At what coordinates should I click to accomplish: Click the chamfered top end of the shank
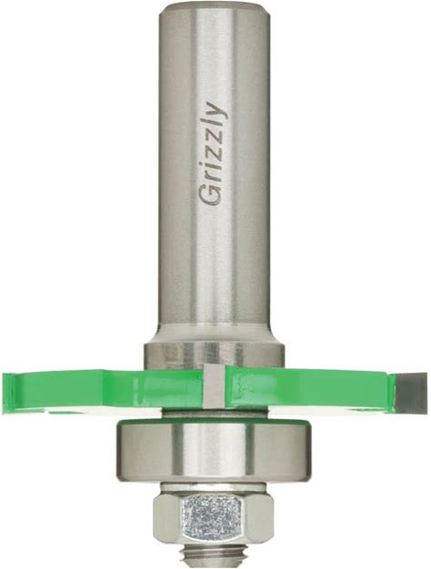215,9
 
